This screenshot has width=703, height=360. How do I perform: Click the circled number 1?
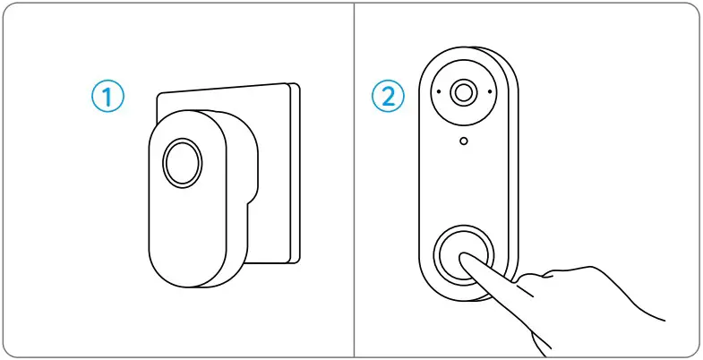pos(108,96)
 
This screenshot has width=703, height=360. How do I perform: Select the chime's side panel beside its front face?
pos(235,224)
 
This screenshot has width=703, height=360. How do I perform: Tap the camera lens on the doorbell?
pos(463,92)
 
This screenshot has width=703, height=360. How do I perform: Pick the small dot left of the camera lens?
pos(438,92)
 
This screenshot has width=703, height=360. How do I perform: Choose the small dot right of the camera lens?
pos(489,92)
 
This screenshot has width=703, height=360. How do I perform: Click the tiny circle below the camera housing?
pos(463,141)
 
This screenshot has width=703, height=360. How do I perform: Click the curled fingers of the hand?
pos(555,287)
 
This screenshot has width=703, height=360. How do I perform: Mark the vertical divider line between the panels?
pos(355,179)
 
